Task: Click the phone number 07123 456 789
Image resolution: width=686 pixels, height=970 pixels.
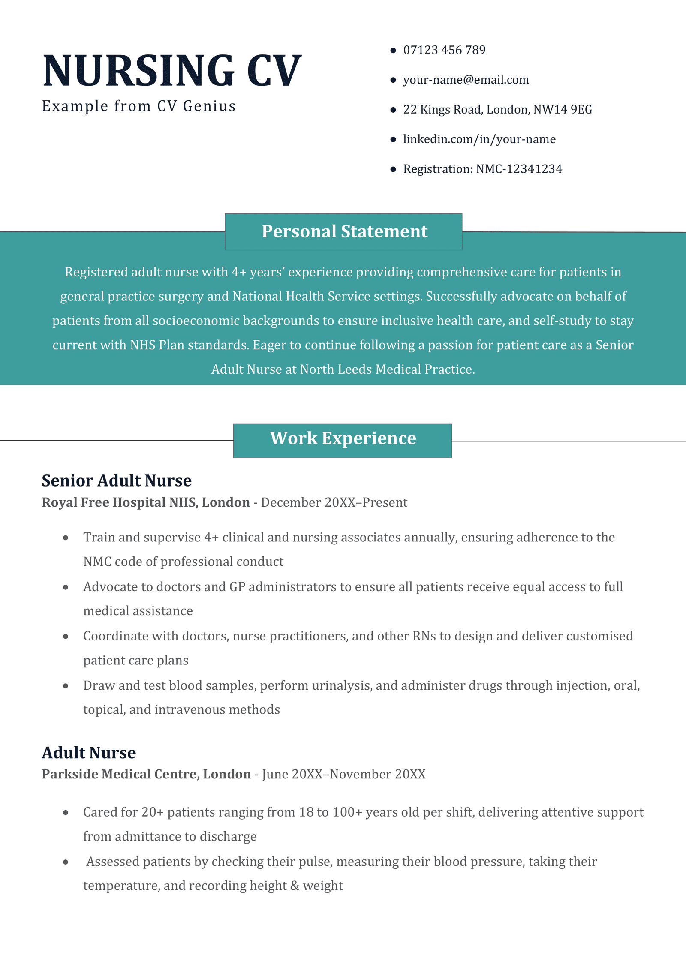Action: pos(444,50)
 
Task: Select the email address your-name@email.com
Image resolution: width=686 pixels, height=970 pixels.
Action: pos(466,80)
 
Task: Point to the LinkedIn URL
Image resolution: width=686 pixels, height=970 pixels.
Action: pos(479,139)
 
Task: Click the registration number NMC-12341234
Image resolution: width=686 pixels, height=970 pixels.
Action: pos(519,169)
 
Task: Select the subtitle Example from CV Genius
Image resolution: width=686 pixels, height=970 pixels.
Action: pos(139,106)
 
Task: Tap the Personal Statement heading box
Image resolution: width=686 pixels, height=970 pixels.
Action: pos(344,231)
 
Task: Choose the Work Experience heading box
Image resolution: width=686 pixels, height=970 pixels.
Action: pos(343,440)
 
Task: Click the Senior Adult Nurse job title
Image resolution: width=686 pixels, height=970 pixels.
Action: pos(117,480)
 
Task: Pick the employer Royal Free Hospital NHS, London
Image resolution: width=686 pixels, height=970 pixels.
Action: pos(146,502)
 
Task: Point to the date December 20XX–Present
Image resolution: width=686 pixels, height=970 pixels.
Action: pos(334,502)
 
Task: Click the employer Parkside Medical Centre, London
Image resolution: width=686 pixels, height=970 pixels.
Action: pos(146,774)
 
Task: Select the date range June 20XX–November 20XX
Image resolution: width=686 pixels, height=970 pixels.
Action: pos(344,774)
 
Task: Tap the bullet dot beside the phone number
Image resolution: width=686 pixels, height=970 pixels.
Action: pos(393,51)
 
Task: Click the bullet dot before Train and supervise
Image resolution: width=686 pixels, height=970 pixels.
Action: pos(66,538)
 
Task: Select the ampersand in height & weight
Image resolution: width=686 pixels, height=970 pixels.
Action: pos(295,886)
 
